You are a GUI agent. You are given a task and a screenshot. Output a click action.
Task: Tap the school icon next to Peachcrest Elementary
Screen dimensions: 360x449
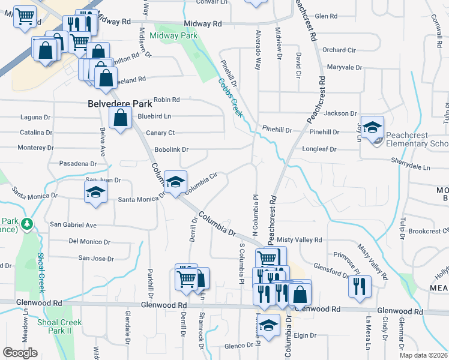click(x=372, y=128)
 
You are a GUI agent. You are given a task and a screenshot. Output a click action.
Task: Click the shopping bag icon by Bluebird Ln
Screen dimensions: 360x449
click(x=120, y=119)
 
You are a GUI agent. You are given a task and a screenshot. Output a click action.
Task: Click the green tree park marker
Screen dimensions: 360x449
click(x=26, y=224)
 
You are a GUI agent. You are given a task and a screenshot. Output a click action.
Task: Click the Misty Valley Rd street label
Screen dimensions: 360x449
click(x=304, y=240)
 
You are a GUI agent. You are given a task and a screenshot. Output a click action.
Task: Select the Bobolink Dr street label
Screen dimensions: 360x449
click(x=171, y=149)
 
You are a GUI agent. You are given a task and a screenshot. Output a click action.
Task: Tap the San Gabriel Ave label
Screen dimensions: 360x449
click(x=73, y=224)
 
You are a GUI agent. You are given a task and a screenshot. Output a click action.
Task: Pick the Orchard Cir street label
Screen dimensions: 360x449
click(x=343, y=50)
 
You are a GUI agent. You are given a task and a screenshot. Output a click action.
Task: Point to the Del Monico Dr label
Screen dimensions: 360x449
click(x=90, y=241)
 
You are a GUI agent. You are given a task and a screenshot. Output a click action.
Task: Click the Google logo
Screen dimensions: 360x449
click(x=20, y=353)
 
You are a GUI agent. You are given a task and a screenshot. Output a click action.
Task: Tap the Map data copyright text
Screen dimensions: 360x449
click(x=423, y=355)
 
